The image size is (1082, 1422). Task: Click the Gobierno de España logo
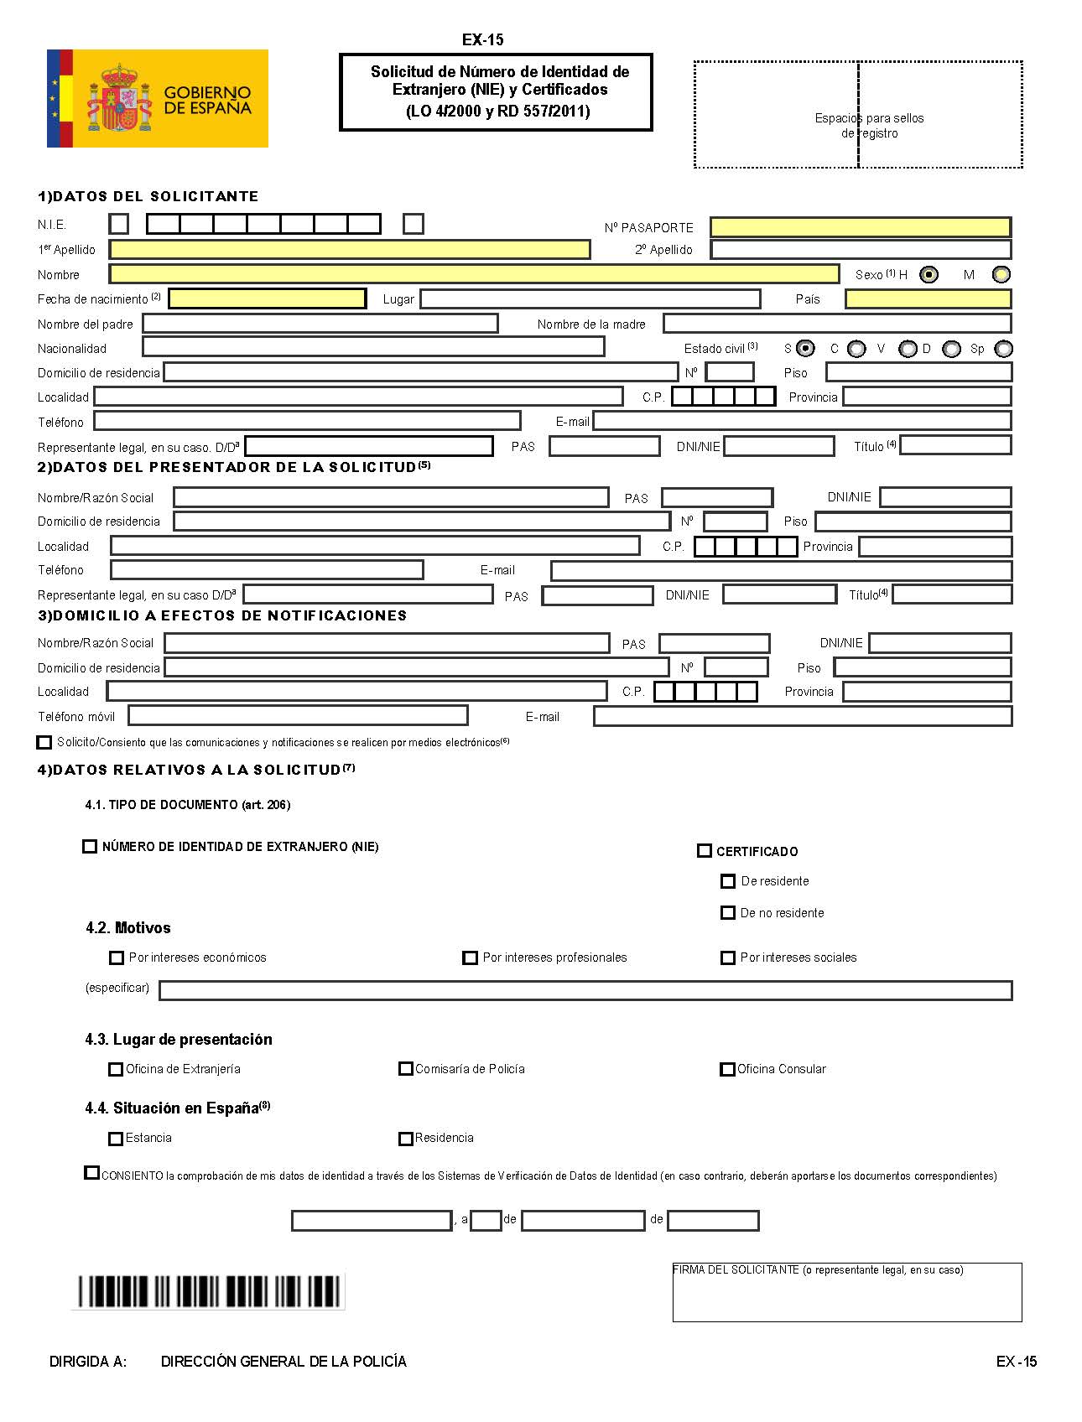pos(158,99)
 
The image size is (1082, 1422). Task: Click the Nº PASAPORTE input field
pos(860,227)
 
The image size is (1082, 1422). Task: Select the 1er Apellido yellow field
pos(350,249)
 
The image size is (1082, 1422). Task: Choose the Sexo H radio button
pos(929,274)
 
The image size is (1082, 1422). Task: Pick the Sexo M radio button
pos(1001,274)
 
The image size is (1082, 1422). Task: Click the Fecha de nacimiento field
pos(268,298)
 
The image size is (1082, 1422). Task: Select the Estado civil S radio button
pos(805,348)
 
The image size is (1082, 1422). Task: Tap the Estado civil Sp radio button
pos(1003,349)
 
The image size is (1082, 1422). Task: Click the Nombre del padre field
pos(320,324)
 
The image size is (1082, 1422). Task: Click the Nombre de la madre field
pos(836,324)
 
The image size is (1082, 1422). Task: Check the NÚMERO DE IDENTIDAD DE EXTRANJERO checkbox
pos(90,847)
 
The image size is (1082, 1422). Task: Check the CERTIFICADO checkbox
pos(705,851)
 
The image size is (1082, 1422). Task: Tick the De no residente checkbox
pos(728,913)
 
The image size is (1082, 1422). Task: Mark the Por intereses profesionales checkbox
pos(471,958)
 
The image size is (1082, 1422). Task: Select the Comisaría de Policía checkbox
pos(406,1069)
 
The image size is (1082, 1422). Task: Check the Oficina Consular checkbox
pos(727,1069)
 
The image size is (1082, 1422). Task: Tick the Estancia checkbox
pos(116,1139)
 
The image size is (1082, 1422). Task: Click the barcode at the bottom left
pos(210,1291)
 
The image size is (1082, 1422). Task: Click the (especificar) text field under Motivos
pos(585,991)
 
